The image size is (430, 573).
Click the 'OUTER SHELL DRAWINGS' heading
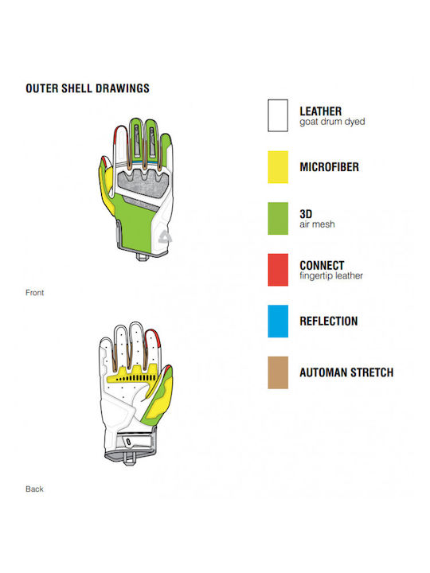(88, 88)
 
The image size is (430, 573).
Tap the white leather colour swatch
(278, 115)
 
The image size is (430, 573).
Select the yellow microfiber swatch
(278, 167)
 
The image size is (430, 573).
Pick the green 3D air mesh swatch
(278, 218)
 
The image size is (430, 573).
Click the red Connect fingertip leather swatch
(278, 270)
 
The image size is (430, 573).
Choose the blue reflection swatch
(278, 322)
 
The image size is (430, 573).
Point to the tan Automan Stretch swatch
(278, 372)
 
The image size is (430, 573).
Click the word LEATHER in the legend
(321, 111)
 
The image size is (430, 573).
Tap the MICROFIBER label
(330, 167)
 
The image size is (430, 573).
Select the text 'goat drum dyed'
(332, 122)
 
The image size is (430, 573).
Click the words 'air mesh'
(318, 224)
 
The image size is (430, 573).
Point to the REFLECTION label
(329, 322)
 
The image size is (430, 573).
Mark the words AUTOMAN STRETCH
(346, 372)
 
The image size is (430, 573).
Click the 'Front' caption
(35, 293)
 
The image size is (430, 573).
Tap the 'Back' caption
(34, 489)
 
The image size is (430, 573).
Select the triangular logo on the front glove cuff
(165, 237)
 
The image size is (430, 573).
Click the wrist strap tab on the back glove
(128, 442)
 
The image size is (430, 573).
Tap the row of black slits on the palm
(136, 378)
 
